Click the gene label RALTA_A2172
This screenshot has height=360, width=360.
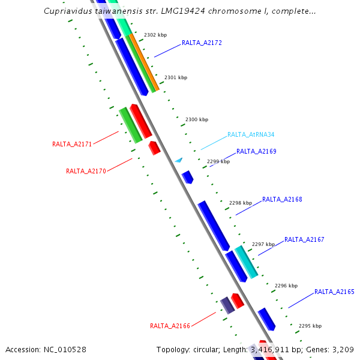coord(202,43)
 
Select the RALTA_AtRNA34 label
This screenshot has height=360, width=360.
coord(251,135)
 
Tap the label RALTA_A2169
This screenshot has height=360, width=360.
coord(256,152)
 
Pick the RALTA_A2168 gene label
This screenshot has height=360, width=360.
coord(282,200)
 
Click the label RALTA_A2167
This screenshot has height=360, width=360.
coord(304,240)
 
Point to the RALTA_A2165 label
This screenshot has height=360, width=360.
coord(334,292)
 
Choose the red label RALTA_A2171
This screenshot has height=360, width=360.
coord(72,145)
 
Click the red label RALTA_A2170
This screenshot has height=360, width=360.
coord(86,172)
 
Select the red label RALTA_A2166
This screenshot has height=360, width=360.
coord(170,326)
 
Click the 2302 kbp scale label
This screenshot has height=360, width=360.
coord(155,35)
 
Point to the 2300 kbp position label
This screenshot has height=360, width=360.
coord(197,120)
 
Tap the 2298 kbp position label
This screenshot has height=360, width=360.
coord(241,203)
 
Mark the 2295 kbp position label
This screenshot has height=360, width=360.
coord(310,326)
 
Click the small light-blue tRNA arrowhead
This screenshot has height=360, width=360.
coord(178,160)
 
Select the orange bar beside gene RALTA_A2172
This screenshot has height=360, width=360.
coord(145,62)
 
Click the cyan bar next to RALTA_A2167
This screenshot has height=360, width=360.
coord(246,262)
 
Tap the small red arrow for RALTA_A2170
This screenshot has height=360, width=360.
coord(154,148)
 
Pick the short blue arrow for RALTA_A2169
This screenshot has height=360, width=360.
coord(188,176)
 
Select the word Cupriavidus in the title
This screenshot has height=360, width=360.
coord(67,11)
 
